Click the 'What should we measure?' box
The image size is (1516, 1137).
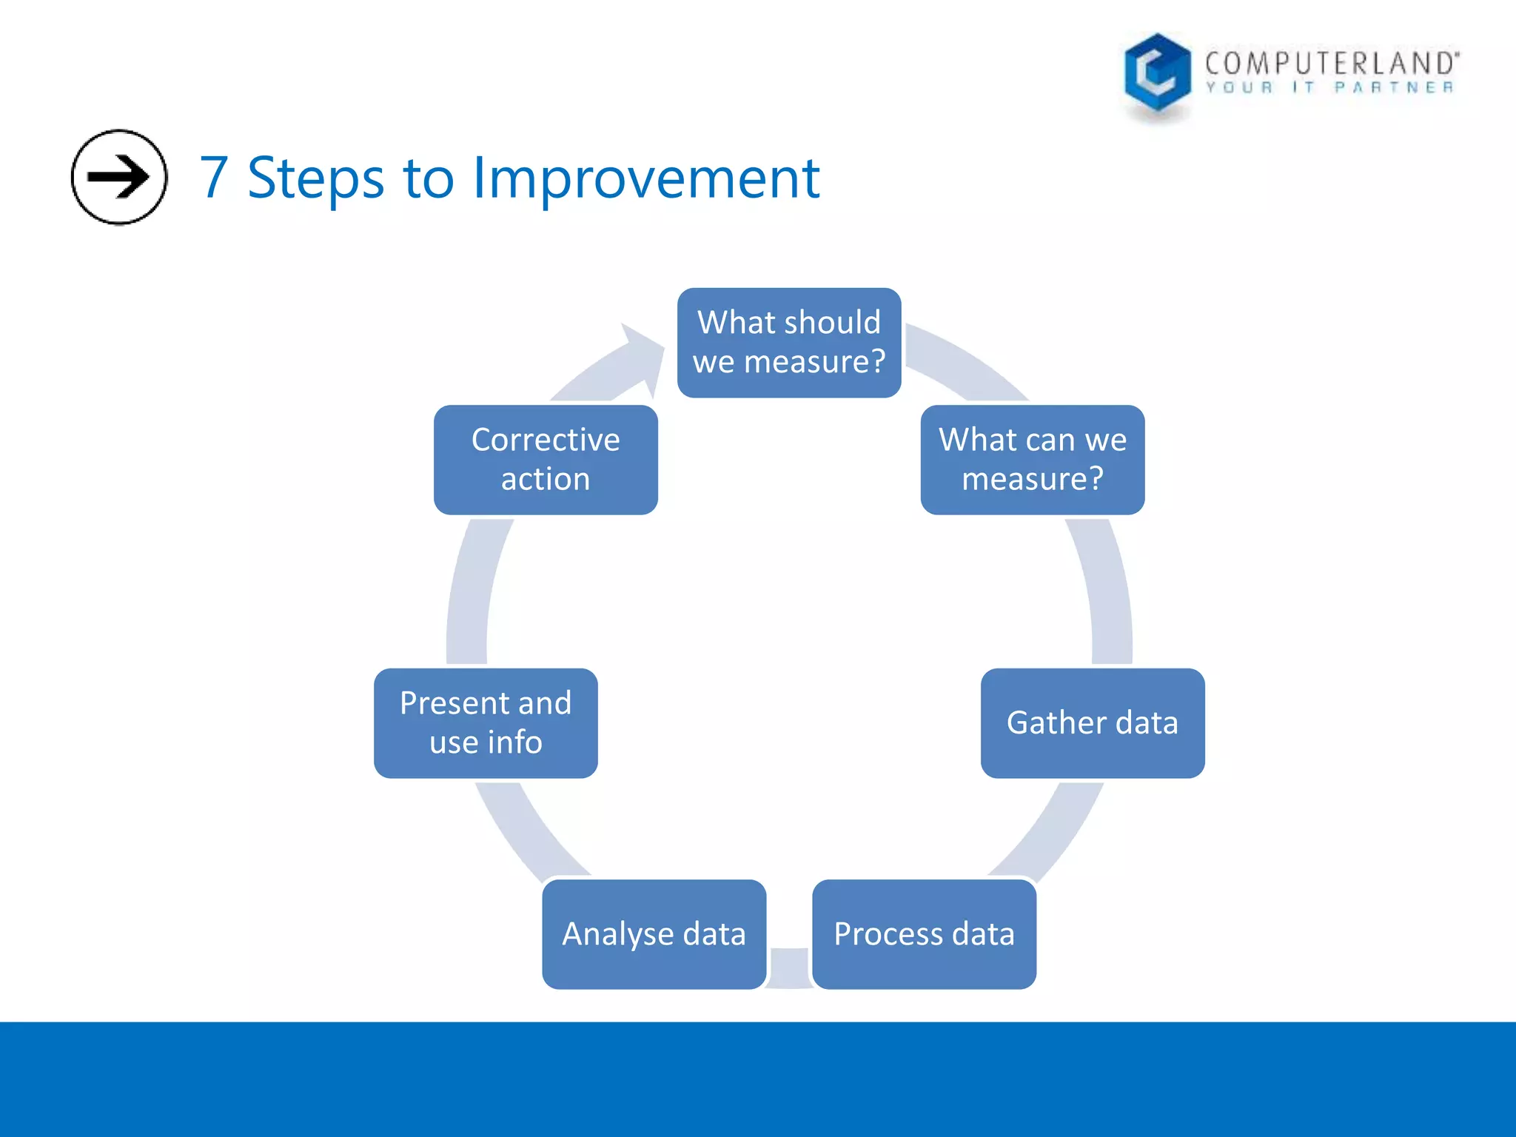coord(788,343)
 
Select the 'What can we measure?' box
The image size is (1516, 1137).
coord(1032,460)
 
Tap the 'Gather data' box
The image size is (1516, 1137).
coord(1092,723)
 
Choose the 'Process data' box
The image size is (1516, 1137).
coord(923,934)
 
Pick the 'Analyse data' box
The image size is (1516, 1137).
coord(654,934)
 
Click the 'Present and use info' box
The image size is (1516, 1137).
coord(486,723)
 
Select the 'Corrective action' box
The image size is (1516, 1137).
coord(546,460)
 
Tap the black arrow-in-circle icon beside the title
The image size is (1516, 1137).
coord(119,177)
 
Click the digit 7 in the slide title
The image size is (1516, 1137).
coord(214,178)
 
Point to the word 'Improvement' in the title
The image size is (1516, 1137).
coord(645,178)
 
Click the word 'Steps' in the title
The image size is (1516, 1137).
coord(315,179)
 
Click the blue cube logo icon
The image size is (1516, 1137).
coord(1156,74)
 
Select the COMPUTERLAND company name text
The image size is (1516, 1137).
coord(1331,63)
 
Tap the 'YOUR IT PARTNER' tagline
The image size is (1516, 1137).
coord(1329,88)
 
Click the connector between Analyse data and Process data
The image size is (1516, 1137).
coord(789,966)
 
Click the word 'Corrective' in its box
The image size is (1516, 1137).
coord(546,440)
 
